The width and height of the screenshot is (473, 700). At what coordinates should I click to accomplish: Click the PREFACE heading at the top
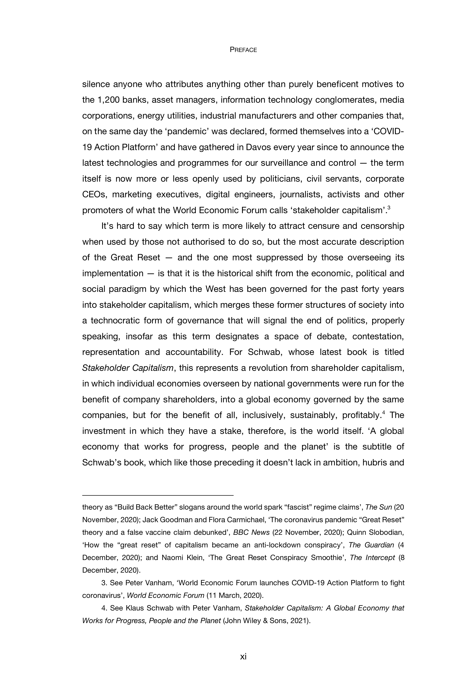pos(243,50)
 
